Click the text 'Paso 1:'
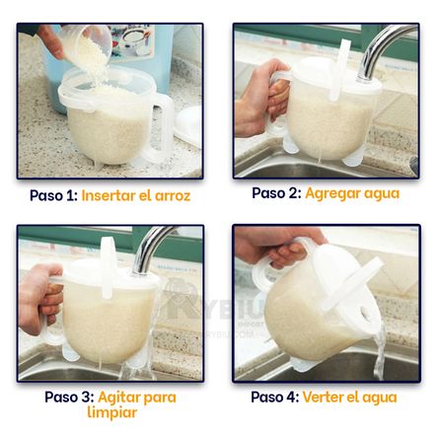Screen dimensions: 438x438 (x=53, y=195)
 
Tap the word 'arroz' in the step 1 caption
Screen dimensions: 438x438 (x=173, y=196)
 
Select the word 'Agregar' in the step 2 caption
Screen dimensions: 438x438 (x=330, y=193)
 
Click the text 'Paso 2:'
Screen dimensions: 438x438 (x=276, y=193)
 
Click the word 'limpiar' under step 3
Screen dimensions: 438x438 (x=112, y=412)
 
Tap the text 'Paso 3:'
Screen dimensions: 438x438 (x=70, y=397)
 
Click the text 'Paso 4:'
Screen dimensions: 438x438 (x=275, y=398)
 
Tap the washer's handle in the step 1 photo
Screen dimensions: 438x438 (x=161, y=126)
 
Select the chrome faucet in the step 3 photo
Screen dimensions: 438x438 (x=153, y=249)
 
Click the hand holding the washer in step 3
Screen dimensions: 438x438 (x=40, y=298)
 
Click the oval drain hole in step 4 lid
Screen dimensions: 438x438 (x=366, y=314)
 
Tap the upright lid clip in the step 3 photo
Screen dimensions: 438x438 (x=108, y=267)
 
